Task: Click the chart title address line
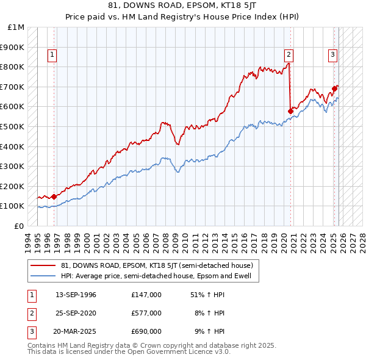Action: click(182, 5)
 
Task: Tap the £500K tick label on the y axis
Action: click(12, 126)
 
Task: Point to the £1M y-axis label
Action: click(16, 27)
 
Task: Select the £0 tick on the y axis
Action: click(20, 226)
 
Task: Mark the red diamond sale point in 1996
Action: click(54, 196)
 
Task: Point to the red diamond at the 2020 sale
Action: click(290, 111)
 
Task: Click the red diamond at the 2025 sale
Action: click(335, 88)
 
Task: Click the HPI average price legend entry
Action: click(152, 276)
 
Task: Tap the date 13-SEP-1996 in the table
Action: click(76, 295)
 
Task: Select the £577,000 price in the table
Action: click(146, 313)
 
